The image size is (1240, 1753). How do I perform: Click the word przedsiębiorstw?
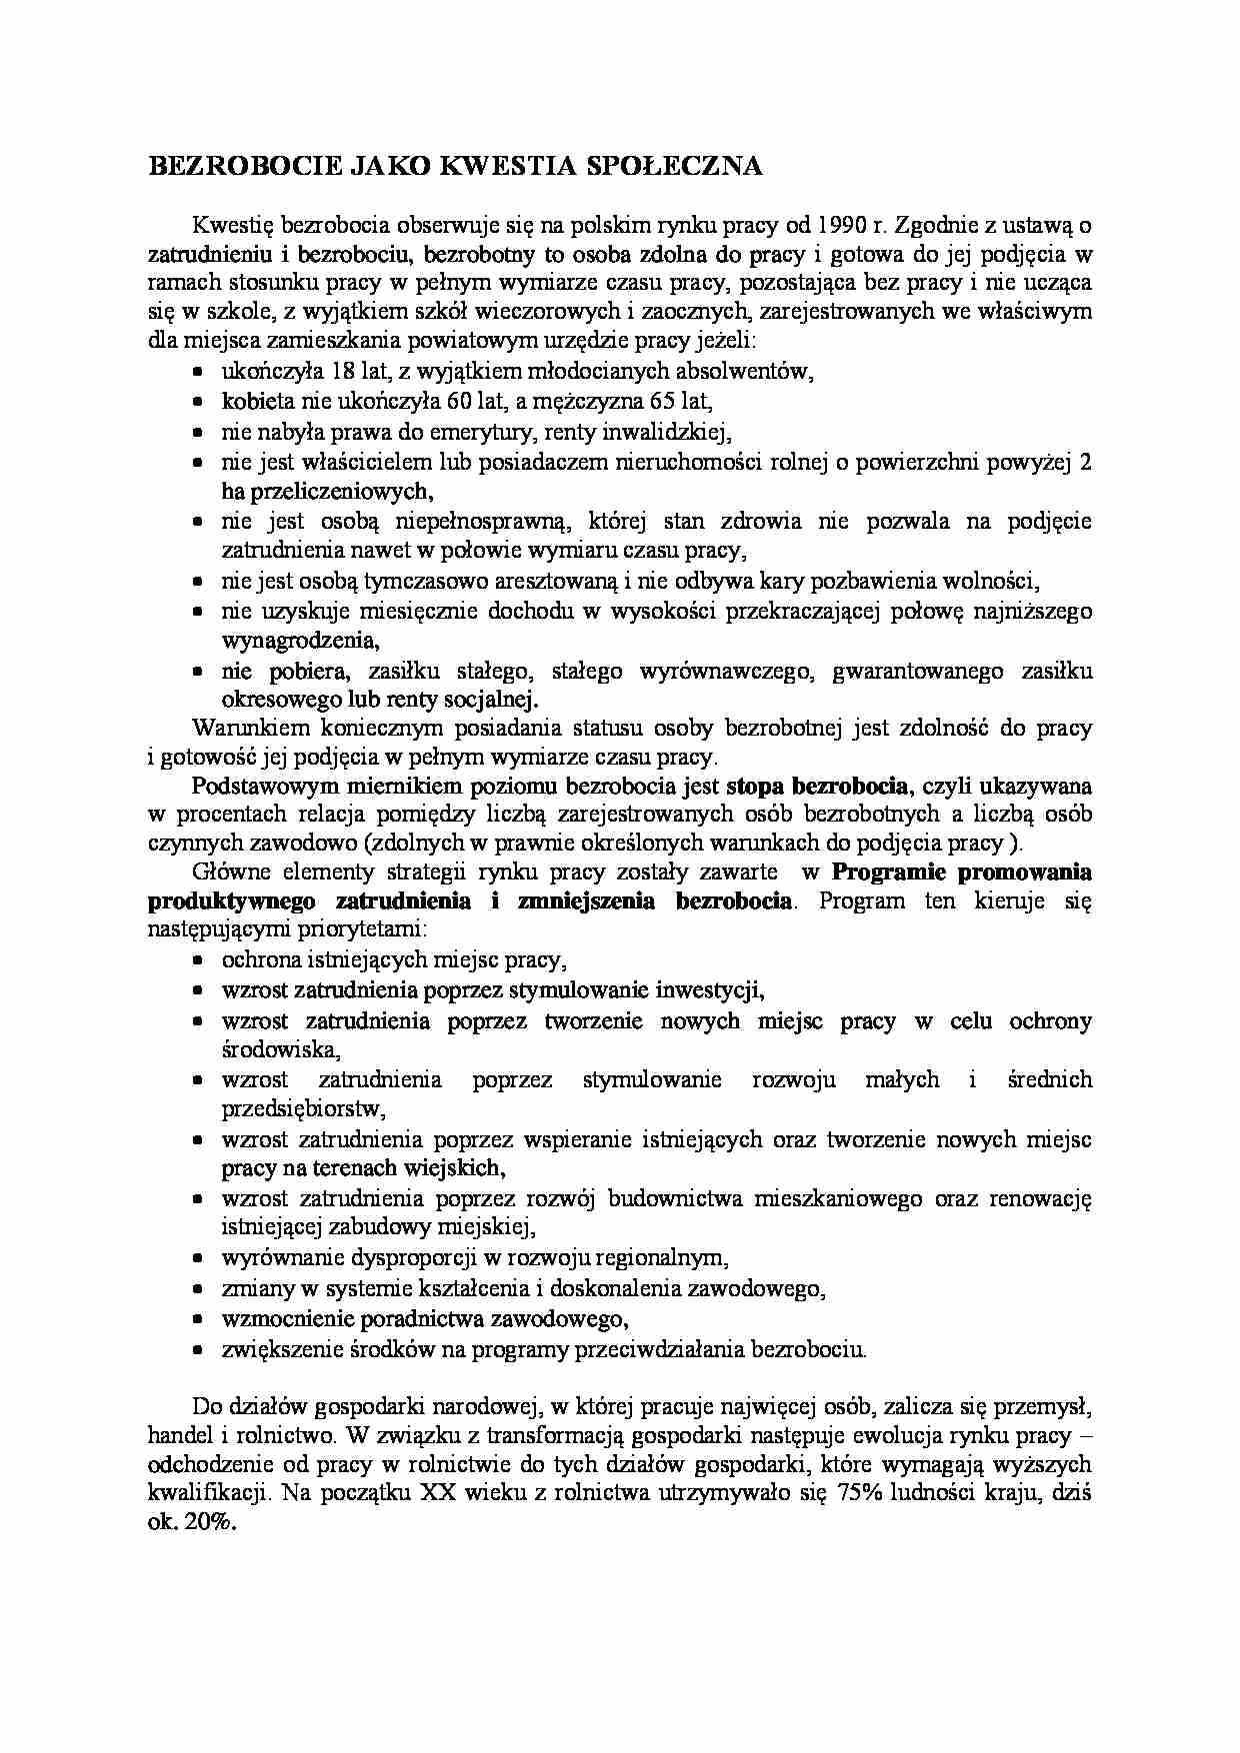point(303,1108)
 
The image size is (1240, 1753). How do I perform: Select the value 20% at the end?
point(211,1524)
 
